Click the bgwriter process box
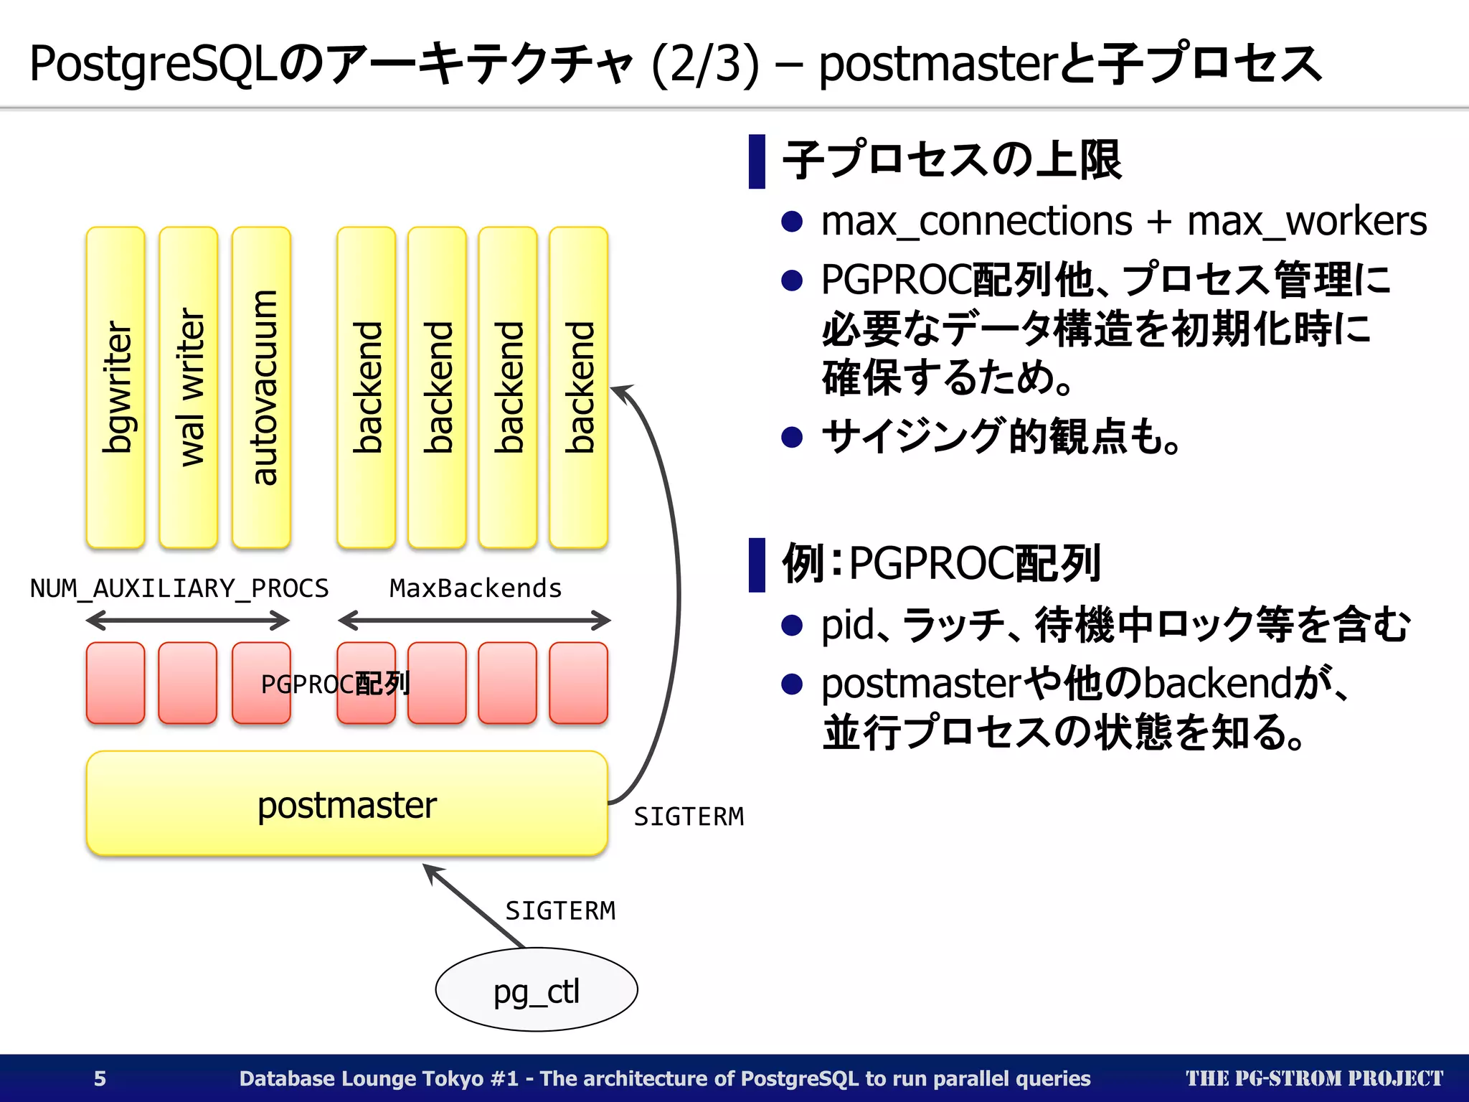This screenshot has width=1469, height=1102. (x=115, y=387)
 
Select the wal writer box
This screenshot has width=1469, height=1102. (x=188, y=387)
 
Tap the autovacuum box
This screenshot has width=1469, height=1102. (x=261, y=387)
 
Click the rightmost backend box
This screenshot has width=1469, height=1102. (x=578, y=387)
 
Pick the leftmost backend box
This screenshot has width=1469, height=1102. (x=366, y=387)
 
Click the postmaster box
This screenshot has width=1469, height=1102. (x=346, y=804)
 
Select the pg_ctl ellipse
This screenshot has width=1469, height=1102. (x=536, y=990)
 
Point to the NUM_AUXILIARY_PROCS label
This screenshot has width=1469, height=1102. (x=179, y=588)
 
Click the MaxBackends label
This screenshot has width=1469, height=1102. (x=475, y=588)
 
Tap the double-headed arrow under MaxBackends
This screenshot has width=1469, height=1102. (x=474, y=620)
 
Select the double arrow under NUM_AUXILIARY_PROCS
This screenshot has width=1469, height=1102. (x=188, y=620)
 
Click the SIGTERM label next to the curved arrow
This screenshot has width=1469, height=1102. (x=689, y=816)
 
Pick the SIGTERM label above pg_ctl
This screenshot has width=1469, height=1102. (x=560, y=910)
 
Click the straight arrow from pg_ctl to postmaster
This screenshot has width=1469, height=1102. (x=473, y=906)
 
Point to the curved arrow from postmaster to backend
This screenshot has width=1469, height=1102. (x=676, y=588)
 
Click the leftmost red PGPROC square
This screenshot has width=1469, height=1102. (x=115, y=683)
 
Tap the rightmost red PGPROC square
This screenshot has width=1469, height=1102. (x=578, y=683)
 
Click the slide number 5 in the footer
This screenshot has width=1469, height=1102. (x=100, y=1078)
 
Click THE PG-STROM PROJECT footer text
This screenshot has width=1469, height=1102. (x=1313, y=1078)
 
